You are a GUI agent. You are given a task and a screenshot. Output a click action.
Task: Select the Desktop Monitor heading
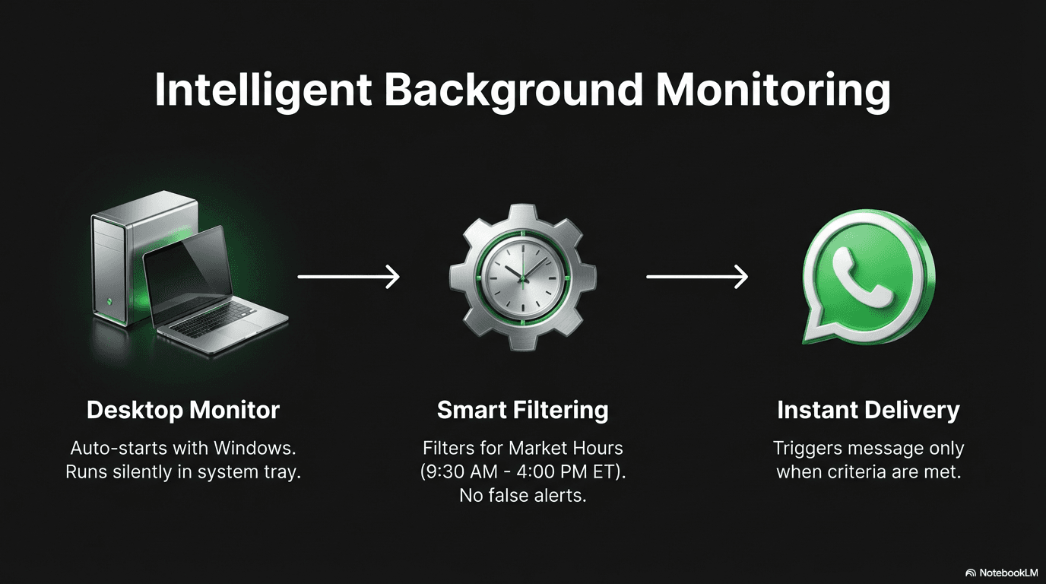pos(183,410)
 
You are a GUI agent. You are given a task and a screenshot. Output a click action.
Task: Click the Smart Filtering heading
pos(523,410)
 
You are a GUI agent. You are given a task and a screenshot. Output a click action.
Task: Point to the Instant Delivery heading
pos(869,410)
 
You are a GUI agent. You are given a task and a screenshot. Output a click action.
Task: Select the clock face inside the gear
pos(522,278)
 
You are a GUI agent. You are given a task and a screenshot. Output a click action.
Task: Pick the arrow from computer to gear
pos(349,277)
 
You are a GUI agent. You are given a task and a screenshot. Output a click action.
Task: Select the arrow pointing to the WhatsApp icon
pos(697,277)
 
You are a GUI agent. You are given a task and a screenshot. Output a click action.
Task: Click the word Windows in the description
pos(255,448)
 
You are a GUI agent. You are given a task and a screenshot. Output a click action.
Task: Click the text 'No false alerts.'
pos(523,495)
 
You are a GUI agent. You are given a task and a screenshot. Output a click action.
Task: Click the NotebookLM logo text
pos(1008,573)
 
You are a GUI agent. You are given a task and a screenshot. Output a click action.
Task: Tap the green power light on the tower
pos(109,301)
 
